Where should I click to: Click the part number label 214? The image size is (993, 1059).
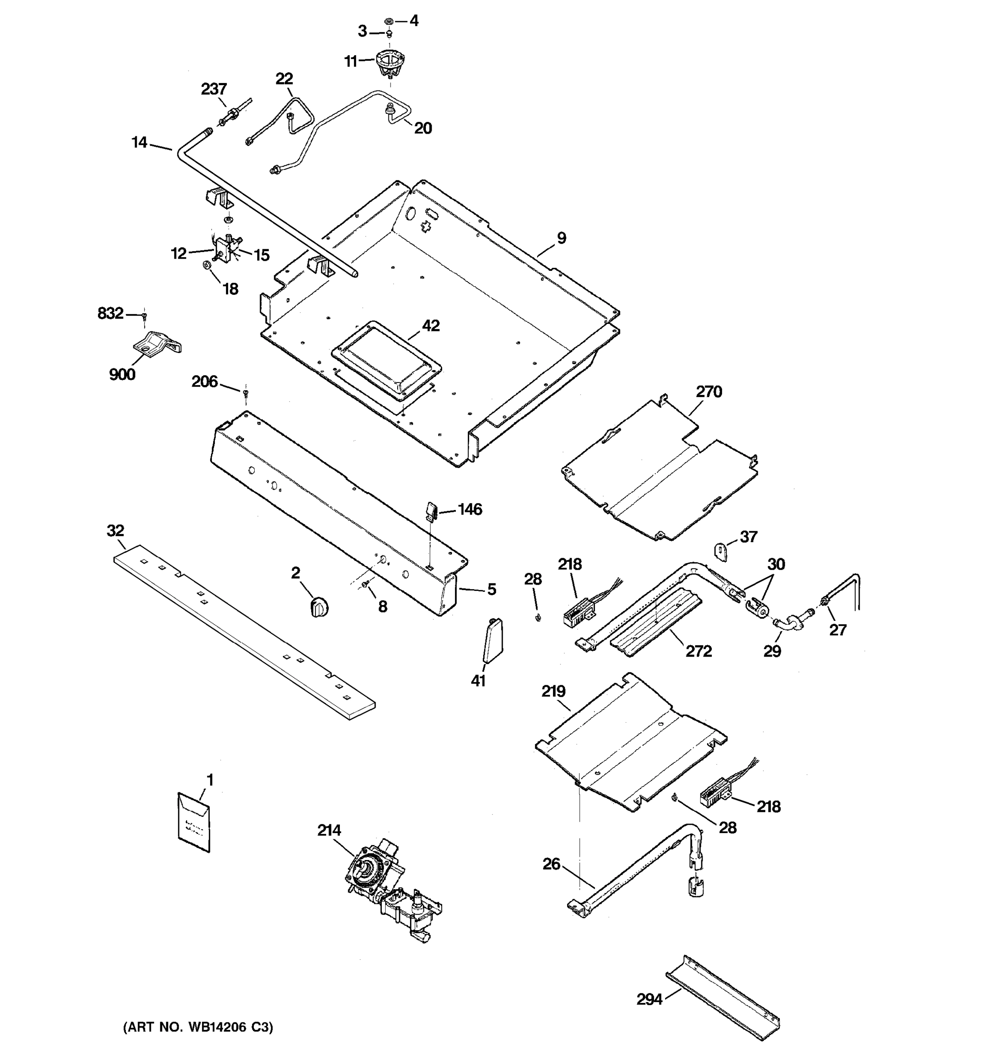click(329, 830)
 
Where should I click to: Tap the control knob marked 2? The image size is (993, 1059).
click(319, 607)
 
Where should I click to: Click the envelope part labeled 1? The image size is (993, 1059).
click(193, 822)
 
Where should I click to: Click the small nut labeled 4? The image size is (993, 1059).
click(389, 21)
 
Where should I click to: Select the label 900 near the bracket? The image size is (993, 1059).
click(122, 375)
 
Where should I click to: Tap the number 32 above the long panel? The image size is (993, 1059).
click(116, 530)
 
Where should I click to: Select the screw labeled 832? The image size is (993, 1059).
click(144, 316)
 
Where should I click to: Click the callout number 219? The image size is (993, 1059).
click(553, 691)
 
